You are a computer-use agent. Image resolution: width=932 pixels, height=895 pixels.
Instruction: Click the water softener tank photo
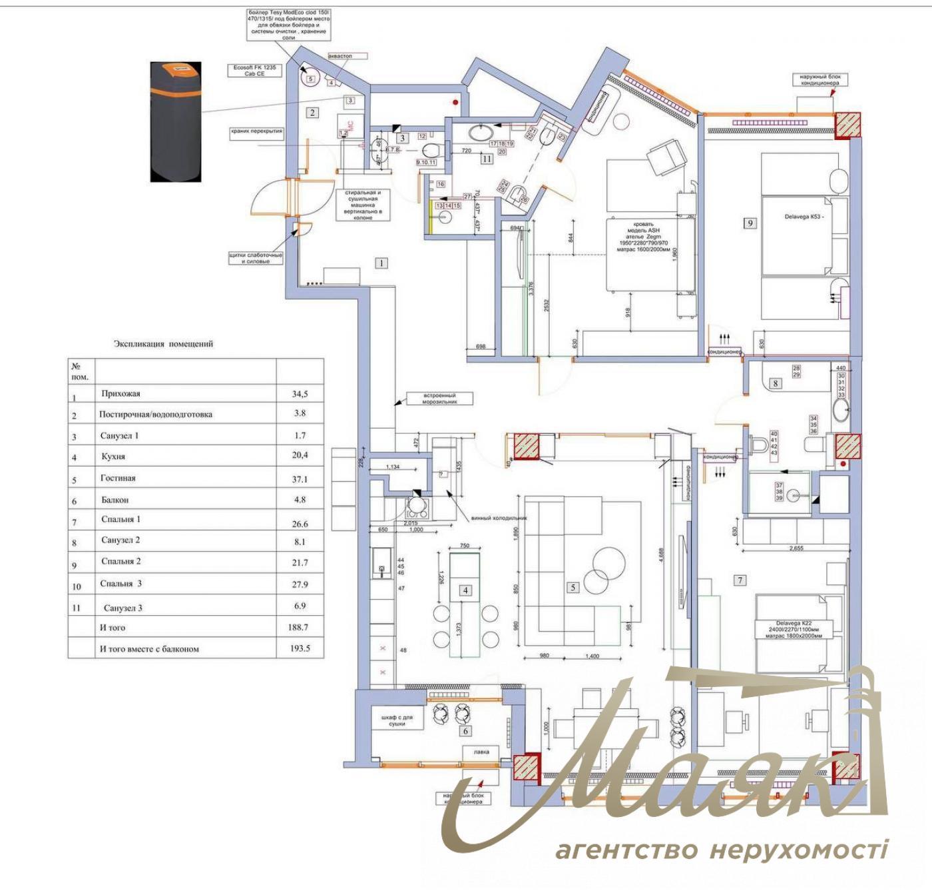coord(175,121)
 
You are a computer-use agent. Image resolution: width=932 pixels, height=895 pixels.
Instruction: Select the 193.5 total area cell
coord(300,648)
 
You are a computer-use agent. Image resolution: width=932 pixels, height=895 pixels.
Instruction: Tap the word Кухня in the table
coord(113,457)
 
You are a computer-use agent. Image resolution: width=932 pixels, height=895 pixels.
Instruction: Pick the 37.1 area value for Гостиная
coord(300,479)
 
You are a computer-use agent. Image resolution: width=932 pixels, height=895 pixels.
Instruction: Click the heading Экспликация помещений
coord(163,344)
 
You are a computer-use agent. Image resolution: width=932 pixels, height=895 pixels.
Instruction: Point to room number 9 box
coord(750,223)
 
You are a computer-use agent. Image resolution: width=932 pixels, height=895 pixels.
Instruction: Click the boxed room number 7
coord(740,580)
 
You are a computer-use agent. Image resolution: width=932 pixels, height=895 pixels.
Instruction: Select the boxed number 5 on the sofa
coord(573,587)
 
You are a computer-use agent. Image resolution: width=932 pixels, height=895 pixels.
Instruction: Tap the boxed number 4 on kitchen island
coord(466,590)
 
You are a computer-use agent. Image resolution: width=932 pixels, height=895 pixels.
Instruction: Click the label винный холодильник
coord(499,517)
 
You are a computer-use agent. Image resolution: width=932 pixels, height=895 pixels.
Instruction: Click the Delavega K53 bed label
coord(804,217)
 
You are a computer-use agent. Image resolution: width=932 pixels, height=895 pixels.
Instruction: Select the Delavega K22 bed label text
coord(794,629)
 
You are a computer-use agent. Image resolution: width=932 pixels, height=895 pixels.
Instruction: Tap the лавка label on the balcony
coord(481,752)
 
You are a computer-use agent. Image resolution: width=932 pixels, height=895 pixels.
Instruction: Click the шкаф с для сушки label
coord(397,720)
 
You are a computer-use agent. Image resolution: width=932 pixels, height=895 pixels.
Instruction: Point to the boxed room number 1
coord(381,263)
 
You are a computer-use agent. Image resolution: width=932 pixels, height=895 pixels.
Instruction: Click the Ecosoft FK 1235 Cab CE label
coord(254,71)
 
